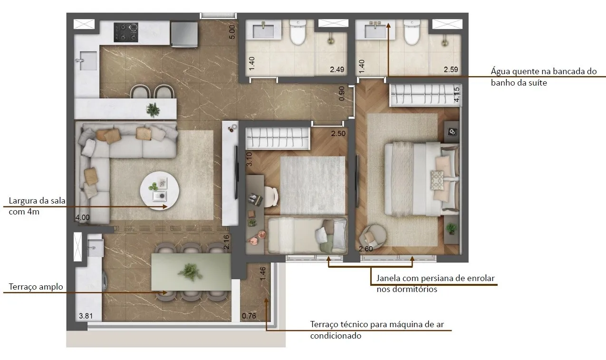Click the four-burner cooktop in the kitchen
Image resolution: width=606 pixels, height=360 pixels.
[126, 32]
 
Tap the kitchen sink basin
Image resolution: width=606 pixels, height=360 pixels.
[88, 61]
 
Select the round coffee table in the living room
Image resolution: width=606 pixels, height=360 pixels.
[159, 191]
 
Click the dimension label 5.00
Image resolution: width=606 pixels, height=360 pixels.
[232, 32]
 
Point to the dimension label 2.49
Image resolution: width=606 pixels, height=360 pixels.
[337, 69]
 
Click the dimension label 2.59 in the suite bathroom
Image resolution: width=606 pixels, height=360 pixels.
[451, 69]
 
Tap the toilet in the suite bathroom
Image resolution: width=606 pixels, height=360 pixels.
[412, 32]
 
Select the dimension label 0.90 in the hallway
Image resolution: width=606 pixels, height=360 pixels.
[342, 93]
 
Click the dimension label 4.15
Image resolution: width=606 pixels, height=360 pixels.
[456, 95]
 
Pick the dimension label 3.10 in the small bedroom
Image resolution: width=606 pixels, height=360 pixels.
[249, 159]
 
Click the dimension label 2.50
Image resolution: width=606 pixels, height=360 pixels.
[338, 134]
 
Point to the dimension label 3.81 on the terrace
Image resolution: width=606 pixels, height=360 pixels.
[86, 316]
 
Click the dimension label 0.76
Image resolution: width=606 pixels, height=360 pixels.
[249, 316]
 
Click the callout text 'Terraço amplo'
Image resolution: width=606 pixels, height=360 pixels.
[36, 287]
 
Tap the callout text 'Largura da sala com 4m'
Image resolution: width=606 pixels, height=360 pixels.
[37, 206]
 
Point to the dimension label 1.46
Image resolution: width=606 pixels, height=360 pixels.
[262, 274]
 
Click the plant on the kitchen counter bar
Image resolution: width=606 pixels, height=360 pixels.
[153, 110]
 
